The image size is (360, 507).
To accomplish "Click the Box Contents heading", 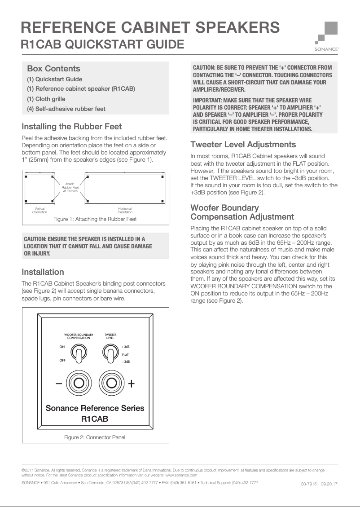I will pyautogui.click(x=53, y=69).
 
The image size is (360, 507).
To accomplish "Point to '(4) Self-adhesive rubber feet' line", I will pyautogui.click(x=66, y=109).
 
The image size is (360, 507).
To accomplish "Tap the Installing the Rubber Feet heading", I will pyautogui.click(x=71, y=126).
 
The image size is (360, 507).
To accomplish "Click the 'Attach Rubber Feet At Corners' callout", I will pyautogui.click(x=70, y=188).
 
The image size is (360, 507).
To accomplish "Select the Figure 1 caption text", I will pyautogui.click(x=95, y=219).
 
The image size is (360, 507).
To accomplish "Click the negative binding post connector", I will pyautogui.click(x=79, y=383).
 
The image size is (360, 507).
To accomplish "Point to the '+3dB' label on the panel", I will pyautogui.click(x=126, y=347).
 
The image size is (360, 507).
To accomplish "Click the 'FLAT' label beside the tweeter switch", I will pyautogui.click(x=126, y=355).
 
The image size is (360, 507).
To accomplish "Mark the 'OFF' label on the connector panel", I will pyautogui.click(x=62, y=360).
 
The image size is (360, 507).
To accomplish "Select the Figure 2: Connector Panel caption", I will pyautogui.click(x=95, y=437).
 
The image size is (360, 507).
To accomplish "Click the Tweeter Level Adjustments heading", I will pyautogui.click(x=243, y=145).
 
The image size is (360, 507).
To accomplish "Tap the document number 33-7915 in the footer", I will pyautogui.click(x=308, y=484).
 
